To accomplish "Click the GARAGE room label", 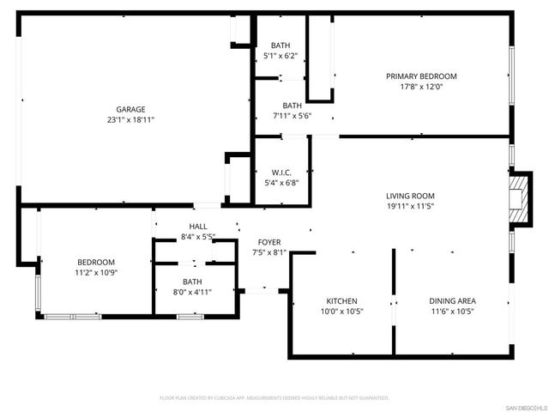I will point(130,109).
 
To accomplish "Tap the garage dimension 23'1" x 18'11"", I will point(130,120).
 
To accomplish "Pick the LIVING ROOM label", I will point(410,196).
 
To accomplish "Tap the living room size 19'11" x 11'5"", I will point(410,207).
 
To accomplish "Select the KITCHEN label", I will point(341,301).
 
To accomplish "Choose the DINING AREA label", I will point(452,301).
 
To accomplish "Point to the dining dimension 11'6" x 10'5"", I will point(452,312).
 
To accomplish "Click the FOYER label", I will point(269,242).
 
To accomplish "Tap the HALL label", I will point(197,226).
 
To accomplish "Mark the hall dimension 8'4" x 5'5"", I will point(197,237).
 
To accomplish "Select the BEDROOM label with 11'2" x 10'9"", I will point(96,262).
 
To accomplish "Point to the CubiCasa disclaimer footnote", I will point(274,398).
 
